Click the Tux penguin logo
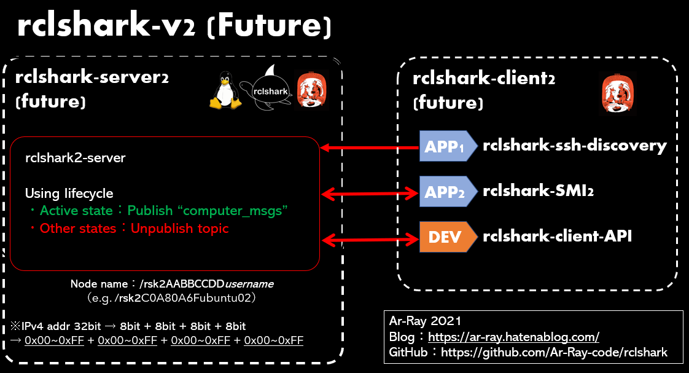click(225, 90)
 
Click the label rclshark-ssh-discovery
click(575, 146)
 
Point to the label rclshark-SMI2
click(538, 191)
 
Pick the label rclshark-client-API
click(557, 237)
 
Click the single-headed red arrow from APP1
click(370, 147)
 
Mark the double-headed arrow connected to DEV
click(370, 238)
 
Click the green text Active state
click(76, 211)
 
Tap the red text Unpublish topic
click(179, 229)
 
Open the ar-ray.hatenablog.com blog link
click(513, 337)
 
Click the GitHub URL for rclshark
click(554, 353)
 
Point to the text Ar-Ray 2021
click(425, 321)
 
